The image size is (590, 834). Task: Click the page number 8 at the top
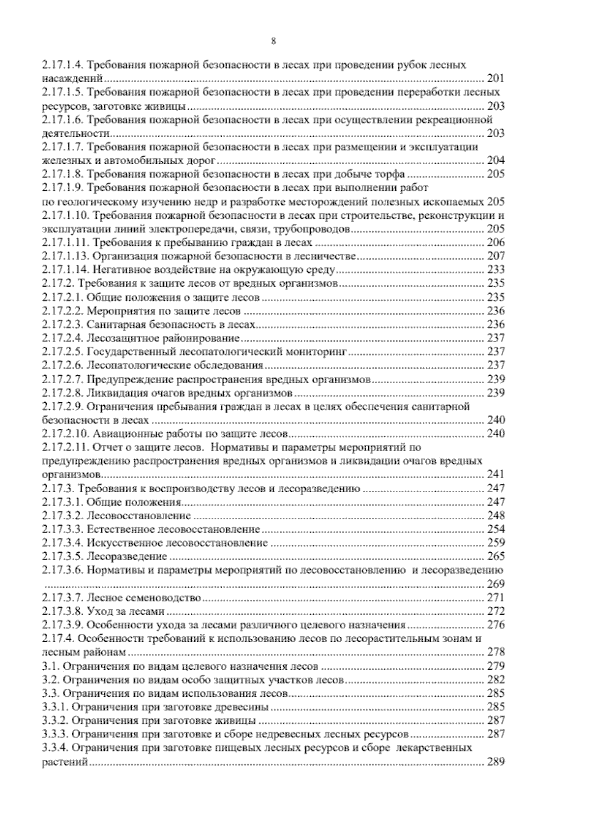coord(274,42)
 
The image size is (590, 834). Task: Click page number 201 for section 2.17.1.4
coord(495,78)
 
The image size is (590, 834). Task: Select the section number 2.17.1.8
coord(63,174)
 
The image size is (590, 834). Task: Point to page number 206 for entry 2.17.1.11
coord(495,242)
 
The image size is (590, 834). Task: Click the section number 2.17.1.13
coord(65,256)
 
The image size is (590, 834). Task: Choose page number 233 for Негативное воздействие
coord(495,269)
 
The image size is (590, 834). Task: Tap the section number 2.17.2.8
coord(63,392)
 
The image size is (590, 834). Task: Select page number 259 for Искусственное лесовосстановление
coord(495,543)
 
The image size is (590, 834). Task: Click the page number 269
coord(495,584)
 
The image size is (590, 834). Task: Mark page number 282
coord(495,680)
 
